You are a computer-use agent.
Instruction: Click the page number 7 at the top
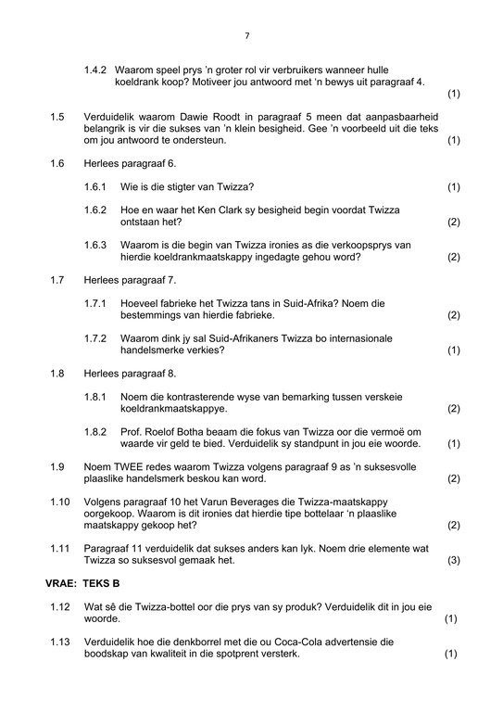coord(247,35)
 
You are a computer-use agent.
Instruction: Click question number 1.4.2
coord(95,70)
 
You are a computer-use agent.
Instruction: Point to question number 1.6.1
coord(95,187)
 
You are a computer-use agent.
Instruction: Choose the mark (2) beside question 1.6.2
coord(453,222)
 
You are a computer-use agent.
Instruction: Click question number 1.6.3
coord(95,246)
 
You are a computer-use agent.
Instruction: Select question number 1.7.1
coord(95,303)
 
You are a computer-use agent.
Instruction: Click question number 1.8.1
coord(95,397)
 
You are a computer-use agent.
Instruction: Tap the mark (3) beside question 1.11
coord(453,561)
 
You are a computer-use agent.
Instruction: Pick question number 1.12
coord(60,606)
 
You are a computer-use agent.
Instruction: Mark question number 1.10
coord(60,502)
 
